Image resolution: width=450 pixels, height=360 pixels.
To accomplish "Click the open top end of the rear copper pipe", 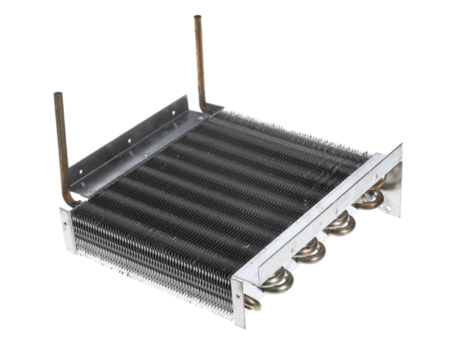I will point(197,18).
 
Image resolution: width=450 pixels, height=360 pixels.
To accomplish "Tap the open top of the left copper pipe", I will point(58,95).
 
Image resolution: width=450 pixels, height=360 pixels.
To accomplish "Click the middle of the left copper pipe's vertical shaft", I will point(63,146).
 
